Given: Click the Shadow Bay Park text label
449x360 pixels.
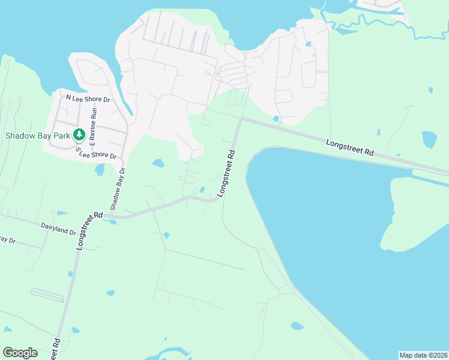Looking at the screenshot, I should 37,135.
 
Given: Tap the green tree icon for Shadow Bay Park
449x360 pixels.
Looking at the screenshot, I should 78,135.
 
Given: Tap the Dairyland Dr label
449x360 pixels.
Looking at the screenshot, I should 58,227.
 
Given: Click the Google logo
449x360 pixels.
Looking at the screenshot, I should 20,353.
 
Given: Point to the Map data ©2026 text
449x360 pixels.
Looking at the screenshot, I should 423,355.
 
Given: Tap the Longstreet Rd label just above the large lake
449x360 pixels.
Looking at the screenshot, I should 351,148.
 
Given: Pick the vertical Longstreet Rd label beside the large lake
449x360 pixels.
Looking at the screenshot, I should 226,174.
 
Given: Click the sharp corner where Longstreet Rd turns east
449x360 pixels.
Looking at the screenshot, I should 241,119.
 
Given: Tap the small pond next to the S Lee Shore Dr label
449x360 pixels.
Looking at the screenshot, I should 100,170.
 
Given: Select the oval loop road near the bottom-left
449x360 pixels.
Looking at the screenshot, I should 46,295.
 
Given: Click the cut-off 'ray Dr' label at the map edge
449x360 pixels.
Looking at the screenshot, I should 7,240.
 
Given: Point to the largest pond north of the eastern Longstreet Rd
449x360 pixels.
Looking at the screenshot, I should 430,139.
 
